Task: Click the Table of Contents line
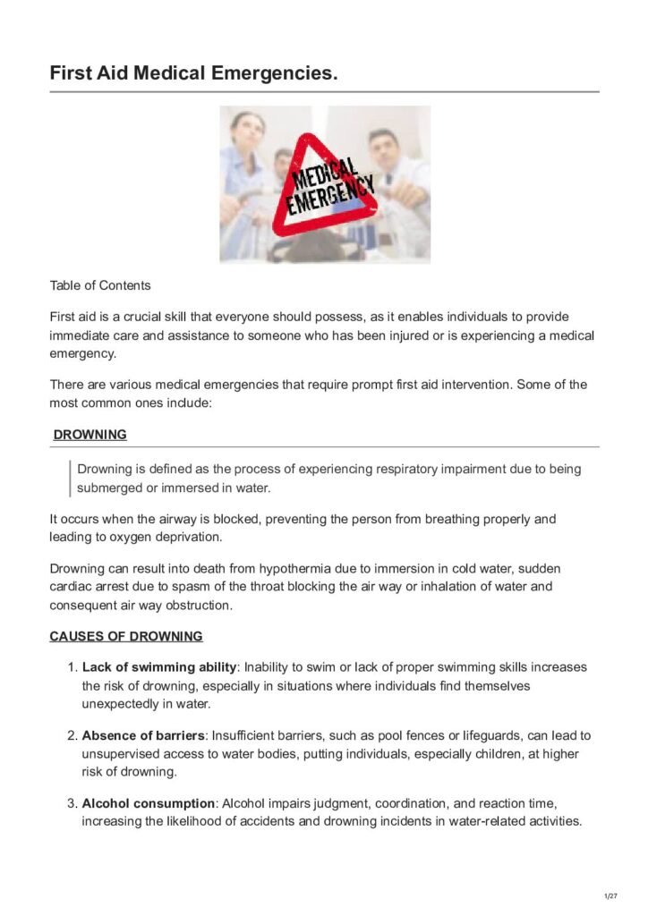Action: [x=100, y=285]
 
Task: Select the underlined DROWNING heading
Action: [x=90, y=435]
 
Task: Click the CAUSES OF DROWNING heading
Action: [x=126, y=636]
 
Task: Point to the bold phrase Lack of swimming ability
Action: [x=159, y=667]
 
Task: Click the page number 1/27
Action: [x=611, y=895]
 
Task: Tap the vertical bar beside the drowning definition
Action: [x=70, y=478]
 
